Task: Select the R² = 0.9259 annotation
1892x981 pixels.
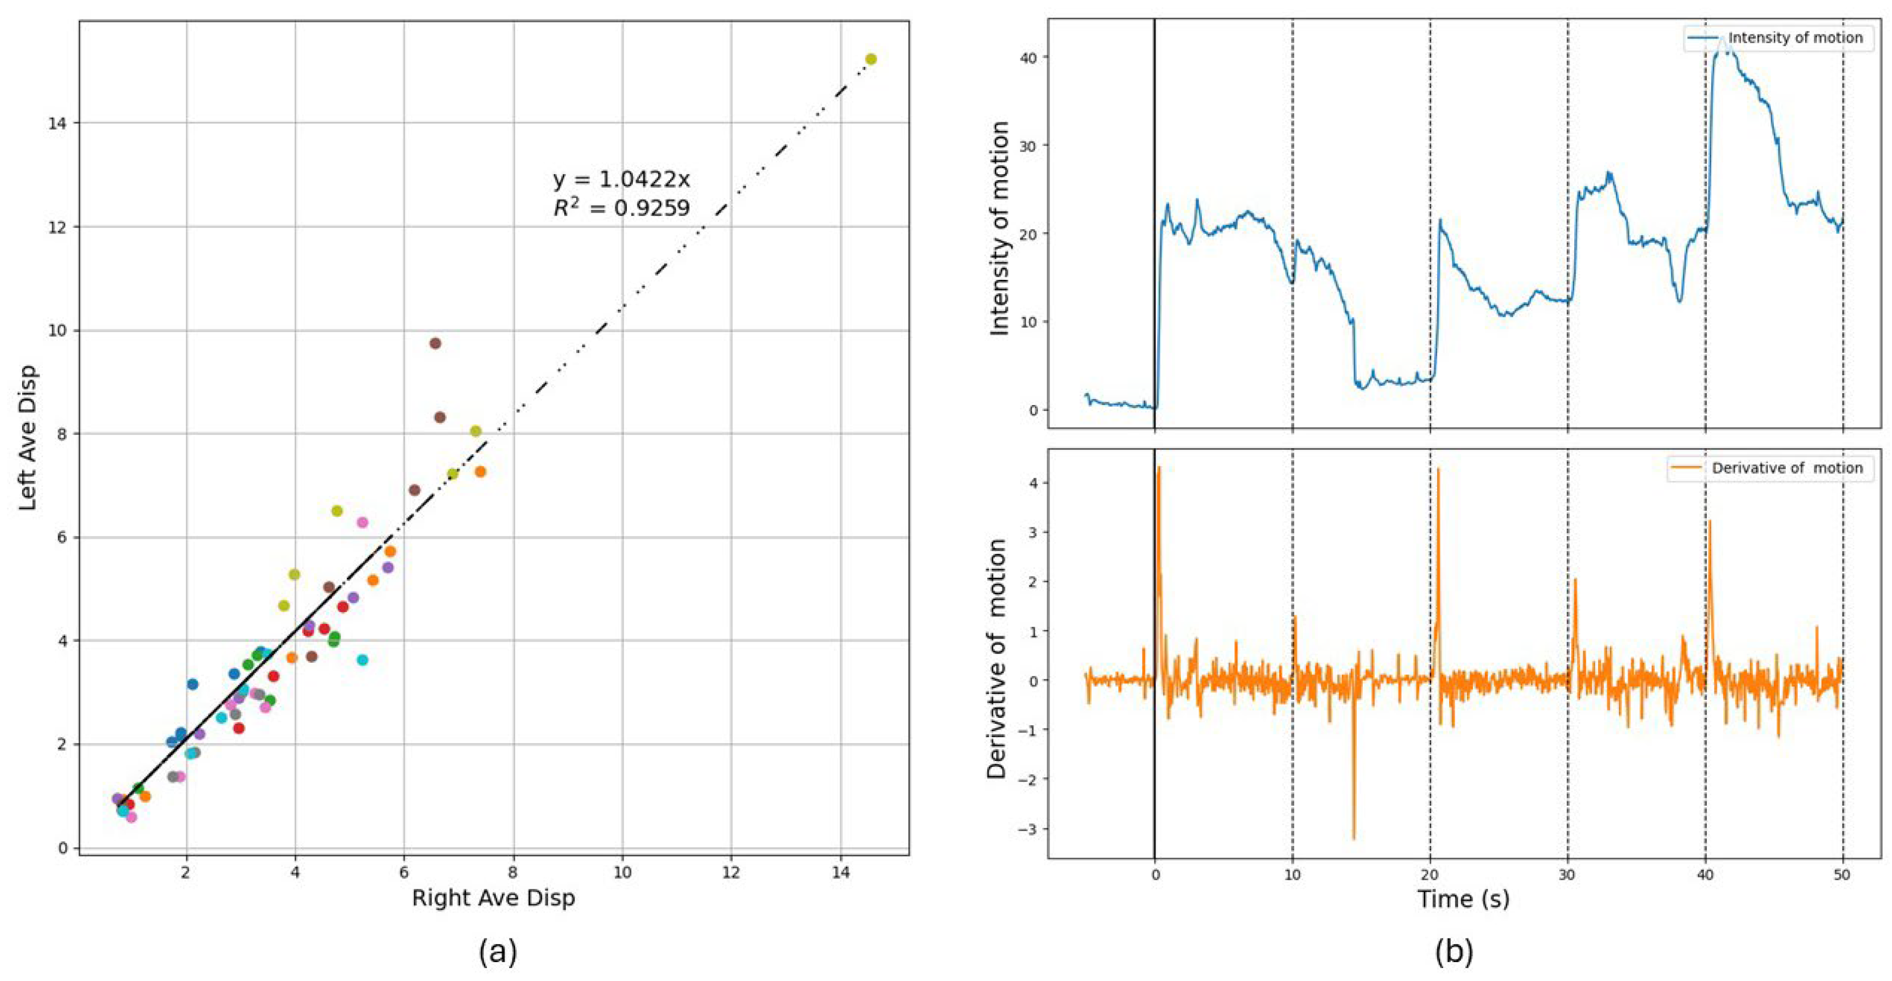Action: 621,209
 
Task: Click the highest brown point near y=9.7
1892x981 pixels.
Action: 435,343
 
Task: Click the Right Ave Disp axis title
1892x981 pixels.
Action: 493,898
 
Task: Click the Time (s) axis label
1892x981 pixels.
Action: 1463,899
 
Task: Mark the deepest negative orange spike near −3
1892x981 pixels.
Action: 1354,837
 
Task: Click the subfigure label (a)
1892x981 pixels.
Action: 498,952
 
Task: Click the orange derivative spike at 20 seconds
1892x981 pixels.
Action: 1438,470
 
